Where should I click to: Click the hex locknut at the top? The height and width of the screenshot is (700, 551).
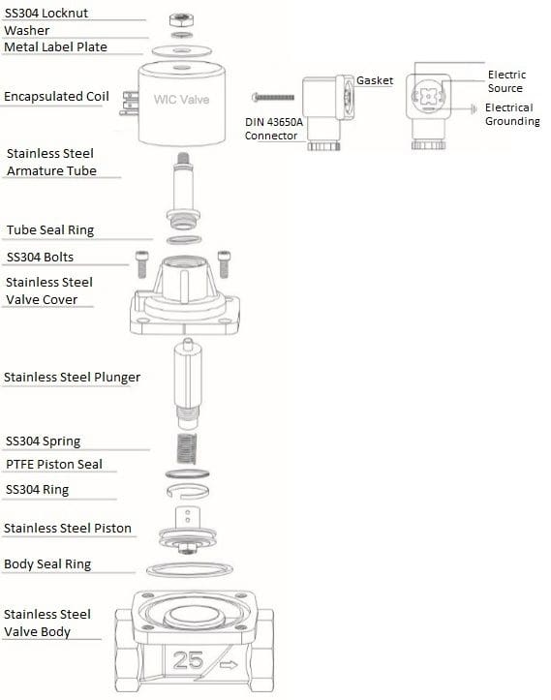[x=181, y=20]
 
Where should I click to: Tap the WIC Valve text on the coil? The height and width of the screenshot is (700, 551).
[x=181, y=99]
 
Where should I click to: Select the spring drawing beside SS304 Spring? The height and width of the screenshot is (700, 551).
[x=187, y=448]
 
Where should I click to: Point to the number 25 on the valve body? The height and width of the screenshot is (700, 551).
[x=188, y=660]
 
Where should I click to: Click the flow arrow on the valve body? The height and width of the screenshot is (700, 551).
[x=229, y=665]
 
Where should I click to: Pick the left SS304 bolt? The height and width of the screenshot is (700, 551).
[x=141, y=264]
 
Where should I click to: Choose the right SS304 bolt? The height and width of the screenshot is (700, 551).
[x=224, y=264]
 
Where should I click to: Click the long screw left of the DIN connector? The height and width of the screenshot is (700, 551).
[x=273, y=97]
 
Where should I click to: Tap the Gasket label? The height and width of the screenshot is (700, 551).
[x=375, y=80]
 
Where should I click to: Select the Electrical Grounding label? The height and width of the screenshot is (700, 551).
[x=512, y=114]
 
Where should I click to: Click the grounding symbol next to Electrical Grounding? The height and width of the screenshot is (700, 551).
[x=474, y=108]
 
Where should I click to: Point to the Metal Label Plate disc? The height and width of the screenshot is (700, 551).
[x=181, y=50]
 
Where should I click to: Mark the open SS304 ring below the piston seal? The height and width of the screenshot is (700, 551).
[x=188, y=491]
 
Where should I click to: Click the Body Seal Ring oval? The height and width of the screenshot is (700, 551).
[x=190, y=569]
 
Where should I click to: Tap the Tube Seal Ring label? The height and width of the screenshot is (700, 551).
[x=50, y=229]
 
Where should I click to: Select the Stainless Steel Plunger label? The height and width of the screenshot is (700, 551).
[x=72, y=378]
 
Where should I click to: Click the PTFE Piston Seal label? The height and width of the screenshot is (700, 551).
[x=54, y=465]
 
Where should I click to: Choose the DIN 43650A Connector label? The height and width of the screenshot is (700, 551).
[x=273, y=129]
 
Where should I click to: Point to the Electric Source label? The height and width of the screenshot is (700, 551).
[x=506, y=81]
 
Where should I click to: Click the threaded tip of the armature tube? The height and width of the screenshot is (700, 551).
[x=183, y=158]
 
